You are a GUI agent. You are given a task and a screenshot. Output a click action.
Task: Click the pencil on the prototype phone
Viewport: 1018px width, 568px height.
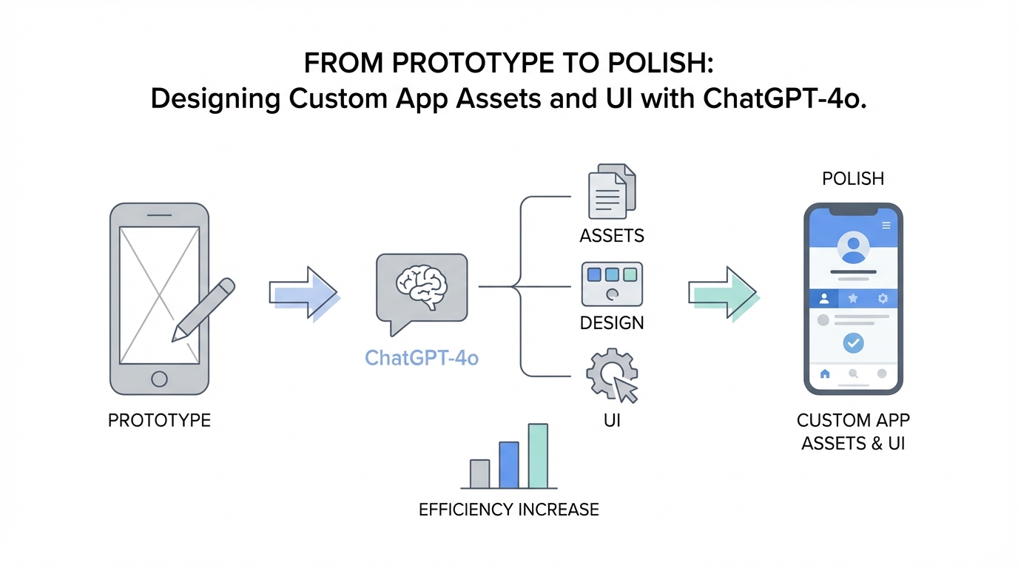tap(203, 309)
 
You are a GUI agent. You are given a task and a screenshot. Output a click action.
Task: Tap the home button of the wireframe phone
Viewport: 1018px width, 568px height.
tap(159, 379)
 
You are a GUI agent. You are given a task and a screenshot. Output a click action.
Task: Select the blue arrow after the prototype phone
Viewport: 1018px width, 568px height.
tap(303, 294)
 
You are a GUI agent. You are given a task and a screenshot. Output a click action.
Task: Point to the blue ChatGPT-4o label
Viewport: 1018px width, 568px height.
tap(422, 359)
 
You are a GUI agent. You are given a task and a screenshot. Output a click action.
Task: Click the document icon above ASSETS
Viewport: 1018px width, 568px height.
tap(611, 192)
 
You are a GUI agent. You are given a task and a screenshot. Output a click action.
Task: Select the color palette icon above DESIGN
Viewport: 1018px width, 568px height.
tap(612, 284)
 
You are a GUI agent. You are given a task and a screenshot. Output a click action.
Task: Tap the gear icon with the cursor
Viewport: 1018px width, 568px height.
tap(611, 376)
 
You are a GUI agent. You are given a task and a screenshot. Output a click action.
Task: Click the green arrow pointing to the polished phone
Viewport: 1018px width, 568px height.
tap(722, 293)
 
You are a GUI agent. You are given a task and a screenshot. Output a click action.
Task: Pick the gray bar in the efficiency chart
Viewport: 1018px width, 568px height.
tap(480, 474)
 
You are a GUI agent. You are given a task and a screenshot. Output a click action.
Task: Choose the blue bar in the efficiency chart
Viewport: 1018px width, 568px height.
tap(509, 465)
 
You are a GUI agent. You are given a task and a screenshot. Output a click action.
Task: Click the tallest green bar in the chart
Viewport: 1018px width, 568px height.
tap(538, 456)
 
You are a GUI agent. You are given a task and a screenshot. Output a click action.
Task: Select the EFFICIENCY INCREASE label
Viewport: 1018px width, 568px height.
tap(509, 510)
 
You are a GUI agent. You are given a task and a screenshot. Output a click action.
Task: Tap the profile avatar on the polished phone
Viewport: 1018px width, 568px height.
tap(854, 248)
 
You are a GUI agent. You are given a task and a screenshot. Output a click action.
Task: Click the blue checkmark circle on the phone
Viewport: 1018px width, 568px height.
tap(854, 343)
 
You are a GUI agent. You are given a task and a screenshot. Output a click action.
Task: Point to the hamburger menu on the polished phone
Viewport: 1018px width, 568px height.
tap(886, 225)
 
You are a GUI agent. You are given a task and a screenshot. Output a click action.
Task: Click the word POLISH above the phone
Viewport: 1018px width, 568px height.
tap(853, 178)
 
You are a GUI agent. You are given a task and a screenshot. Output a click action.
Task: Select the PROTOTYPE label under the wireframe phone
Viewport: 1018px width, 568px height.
tap(159, 421)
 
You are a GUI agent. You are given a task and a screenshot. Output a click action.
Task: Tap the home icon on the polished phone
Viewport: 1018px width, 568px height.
tap(825, 374)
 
